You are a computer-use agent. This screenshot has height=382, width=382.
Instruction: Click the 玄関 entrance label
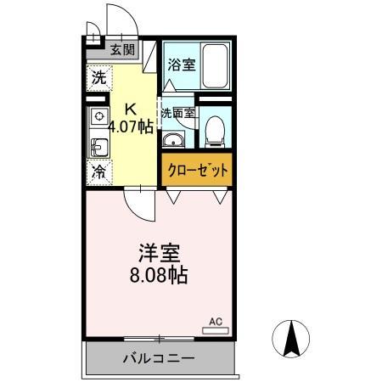pos(122,50)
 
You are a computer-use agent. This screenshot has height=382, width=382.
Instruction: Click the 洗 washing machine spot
pos(98,77)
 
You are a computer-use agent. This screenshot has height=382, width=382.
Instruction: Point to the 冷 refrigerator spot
pos(98,171)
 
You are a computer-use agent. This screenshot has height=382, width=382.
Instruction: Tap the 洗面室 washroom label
pos(178,112)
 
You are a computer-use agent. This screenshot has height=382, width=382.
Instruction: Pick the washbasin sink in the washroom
pos(175,141)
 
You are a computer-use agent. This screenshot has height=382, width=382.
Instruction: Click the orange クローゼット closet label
pos(197,170)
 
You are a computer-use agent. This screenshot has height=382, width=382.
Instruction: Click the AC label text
pos(216,322)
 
